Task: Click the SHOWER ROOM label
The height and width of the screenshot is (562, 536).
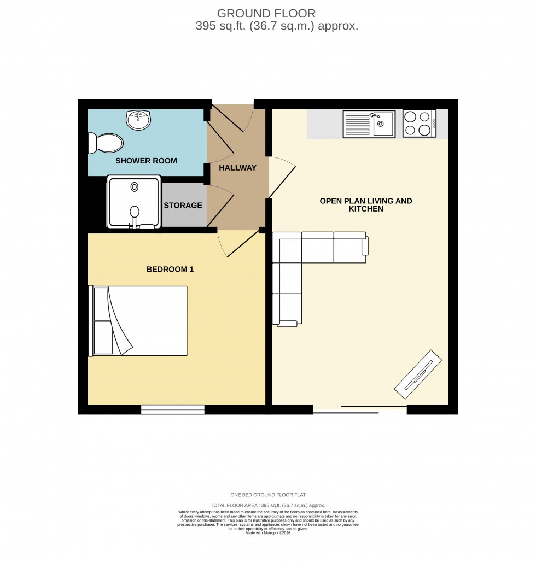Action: (145, 161)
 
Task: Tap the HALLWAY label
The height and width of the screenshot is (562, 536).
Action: (237, 168)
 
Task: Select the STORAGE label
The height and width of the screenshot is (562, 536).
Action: (183, 206)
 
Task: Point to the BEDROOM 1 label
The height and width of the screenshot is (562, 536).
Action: (170, 269)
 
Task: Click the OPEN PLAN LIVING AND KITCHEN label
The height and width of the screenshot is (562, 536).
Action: (365, 205)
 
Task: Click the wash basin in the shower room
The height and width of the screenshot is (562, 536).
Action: (138, 120)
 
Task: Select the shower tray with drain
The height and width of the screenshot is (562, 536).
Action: (134, 201)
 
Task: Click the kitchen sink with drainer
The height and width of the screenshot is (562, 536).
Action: (369, 124)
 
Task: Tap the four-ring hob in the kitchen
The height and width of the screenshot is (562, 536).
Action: (419, 124)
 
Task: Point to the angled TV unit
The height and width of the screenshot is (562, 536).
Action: (418, 373)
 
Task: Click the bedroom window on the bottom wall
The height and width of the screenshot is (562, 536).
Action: (173, 409)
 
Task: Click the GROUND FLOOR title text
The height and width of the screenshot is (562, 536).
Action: (266, 13)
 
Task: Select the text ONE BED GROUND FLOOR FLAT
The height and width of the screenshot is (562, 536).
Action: (267, 495)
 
